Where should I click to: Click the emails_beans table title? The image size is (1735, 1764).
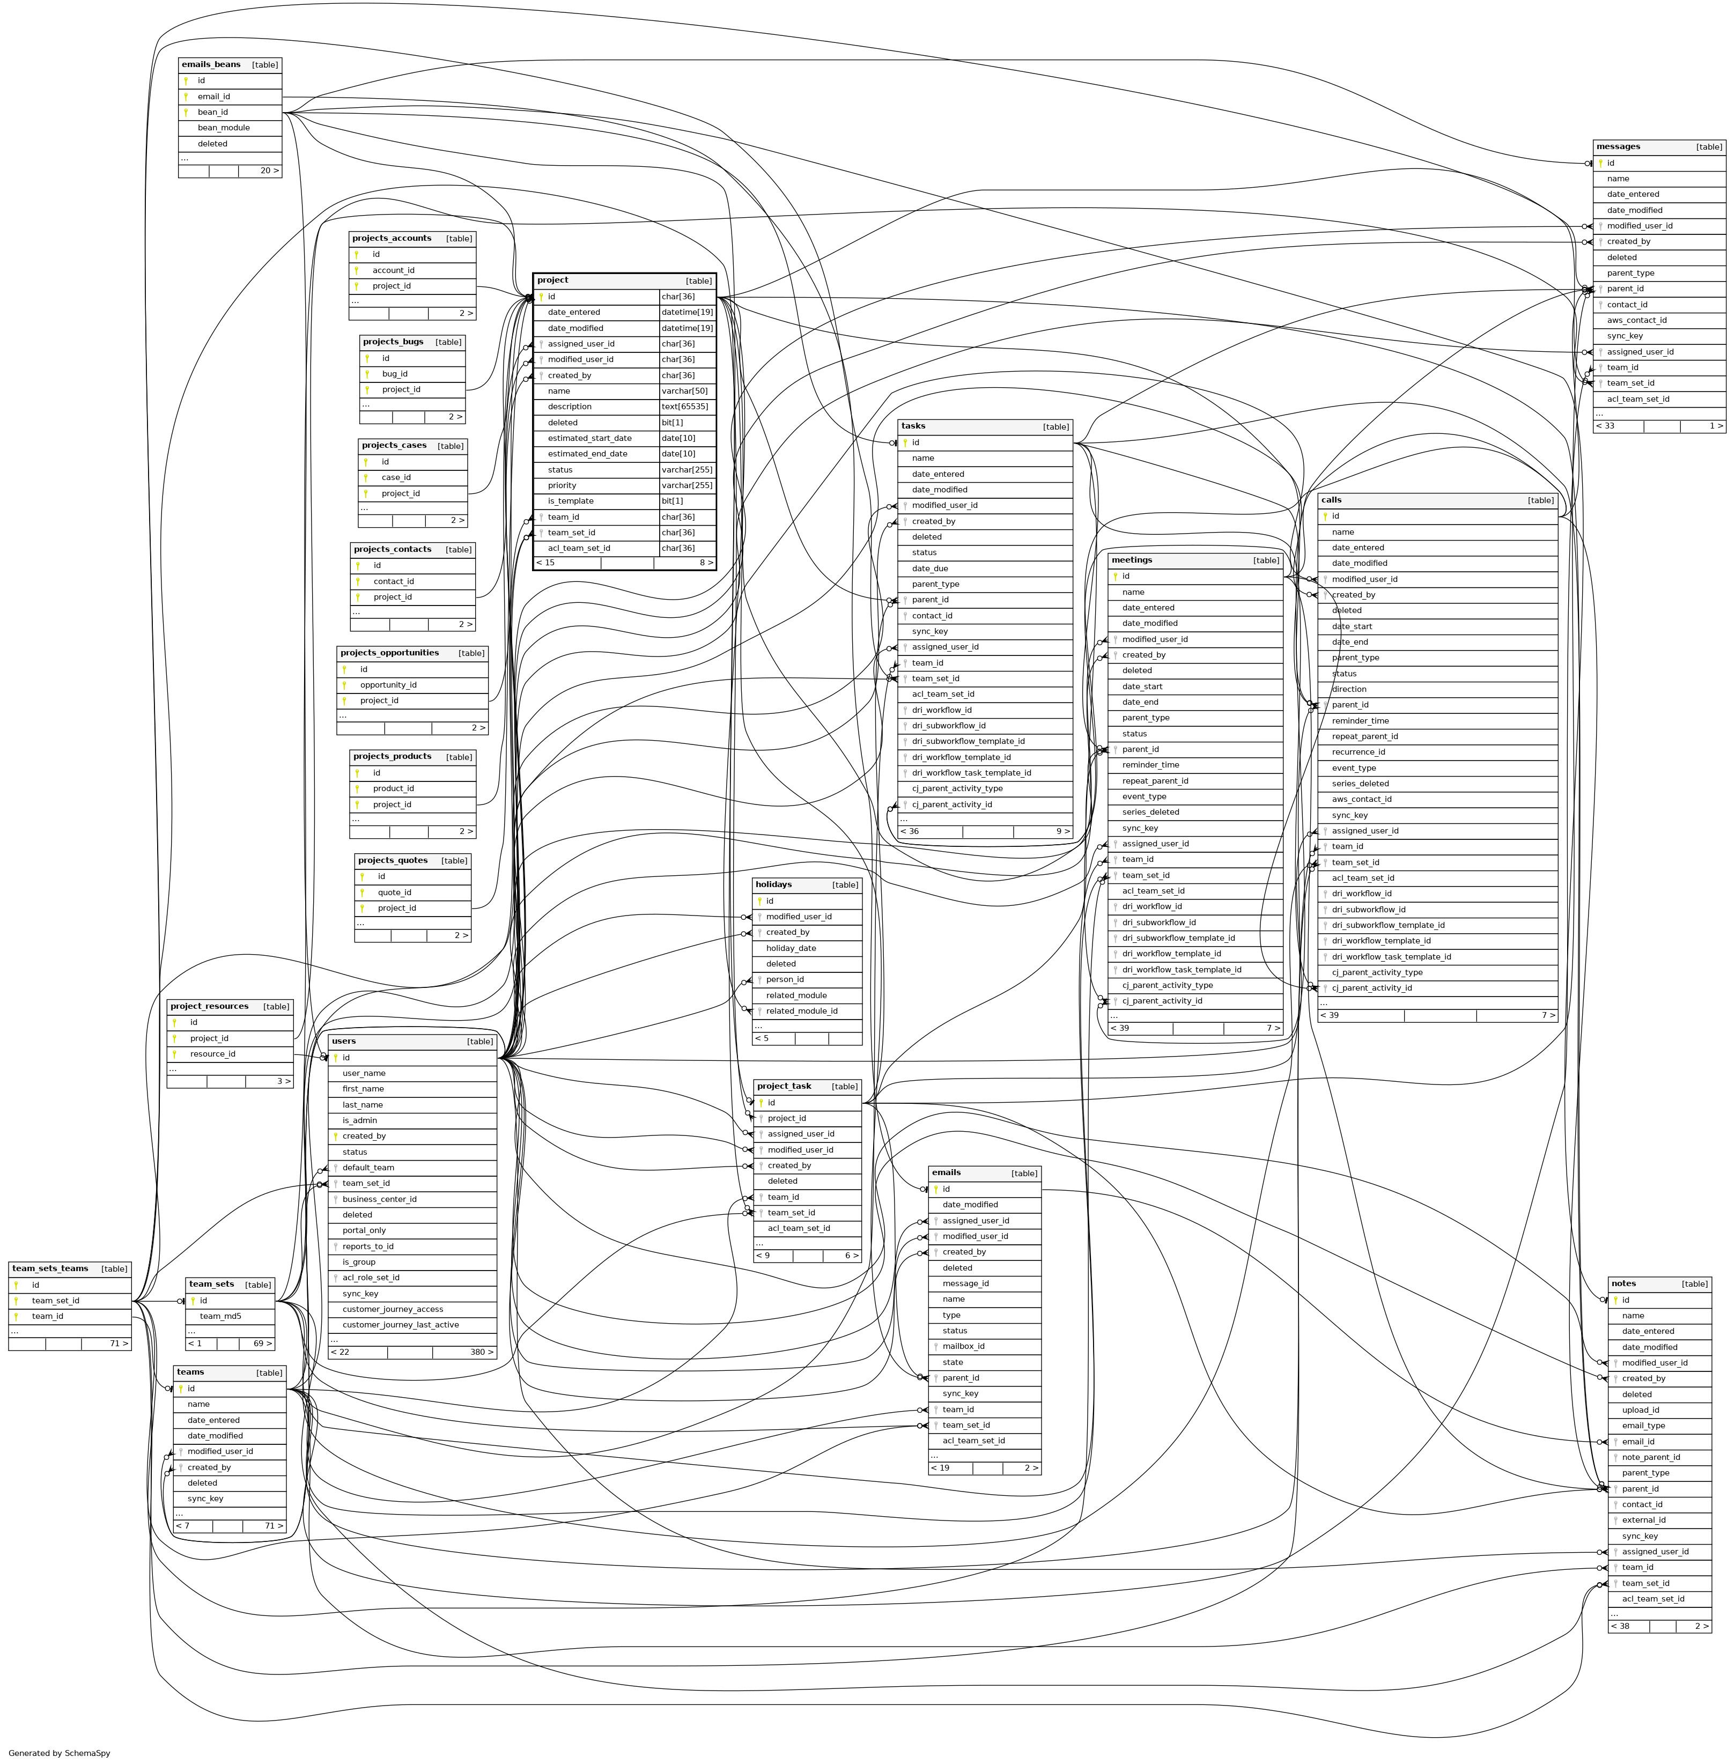click(210, 65)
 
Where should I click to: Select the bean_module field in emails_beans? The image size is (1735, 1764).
click(223, 128)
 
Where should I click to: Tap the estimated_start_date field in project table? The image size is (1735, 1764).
click(589, 438)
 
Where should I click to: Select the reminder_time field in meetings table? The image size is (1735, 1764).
click(1150, 765)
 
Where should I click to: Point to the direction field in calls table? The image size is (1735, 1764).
click(1349, 690)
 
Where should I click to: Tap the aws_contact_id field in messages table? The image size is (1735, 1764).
click(1637, 321)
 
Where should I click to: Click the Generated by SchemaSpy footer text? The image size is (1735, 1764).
click(59, 1753)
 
